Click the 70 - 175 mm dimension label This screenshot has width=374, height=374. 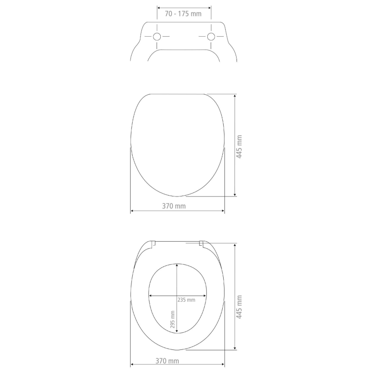pyautogui.click(x=183, y=14)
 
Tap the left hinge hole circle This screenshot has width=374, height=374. pyautogui.click(x=157, y=37)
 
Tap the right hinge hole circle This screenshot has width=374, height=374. pyautogui.click(x=211, y=37)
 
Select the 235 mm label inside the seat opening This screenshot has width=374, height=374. pyautogui.click(x=186, y=300)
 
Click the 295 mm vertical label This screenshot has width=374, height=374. pyautogui.click(x=173, y=319)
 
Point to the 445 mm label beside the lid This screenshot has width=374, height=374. pyautogui.click(x=240, y=147)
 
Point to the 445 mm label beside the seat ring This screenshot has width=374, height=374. pyautogui.click(x=240, y=307)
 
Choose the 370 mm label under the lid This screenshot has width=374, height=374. pyautogui.click(x=174, y=206)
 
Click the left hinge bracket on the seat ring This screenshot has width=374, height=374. pyautogui.click(x=154, y=244)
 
